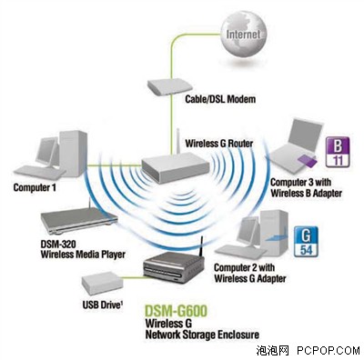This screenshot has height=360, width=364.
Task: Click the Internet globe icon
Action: pyautogui.click(x=244, y=35)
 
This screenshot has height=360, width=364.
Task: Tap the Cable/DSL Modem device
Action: pyautogui.click(x=170, y=86)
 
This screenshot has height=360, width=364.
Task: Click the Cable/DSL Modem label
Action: pyautogui.click(x=220, y=99)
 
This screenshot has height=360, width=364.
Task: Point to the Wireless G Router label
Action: pyautogui.click(x=219, y=143)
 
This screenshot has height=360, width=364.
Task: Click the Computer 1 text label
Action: pyautogui.click(x=35, y=187)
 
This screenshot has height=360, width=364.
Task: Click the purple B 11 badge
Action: pyautogui.click(x=338, y=153)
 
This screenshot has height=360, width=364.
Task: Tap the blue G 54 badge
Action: pyautogui.click(x=306, y=242)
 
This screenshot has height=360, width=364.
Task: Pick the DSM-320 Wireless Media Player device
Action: pyautogui.click(x=79, y=220)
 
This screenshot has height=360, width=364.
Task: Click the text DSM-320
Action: pyautogui.click(x=58, y=244)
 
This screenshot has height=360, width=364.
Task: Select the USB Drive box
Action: pyautogui.click(x=102, y=284)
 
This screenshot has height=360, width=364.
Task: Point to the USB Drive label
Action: pyautogui.click(x=103, y=305)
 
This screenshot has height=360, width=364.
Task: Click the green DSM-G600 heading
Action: pyautogui.click(x=176, y=311)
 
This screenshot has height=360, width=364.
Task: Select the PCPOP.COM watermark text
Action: pyautogui.click(x=329, y=351)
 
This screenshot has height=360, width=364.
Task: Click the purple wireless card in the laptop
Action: pyautogui.click(x=308, y=161)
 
